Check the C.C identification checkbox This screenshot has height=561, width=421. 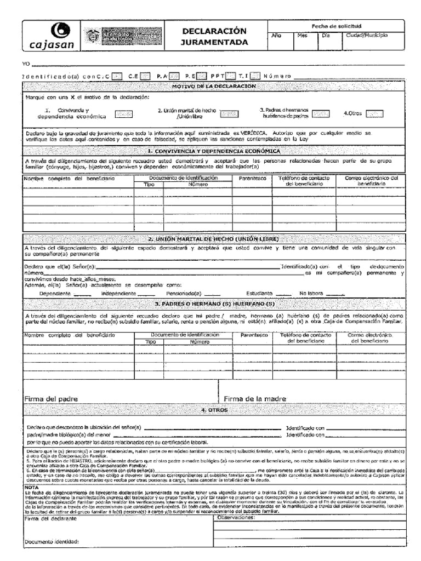click(116, 76)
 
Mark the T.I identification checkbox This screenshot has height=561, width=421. click(255, 76)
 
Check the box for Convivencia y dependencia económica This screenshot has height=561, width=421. click(123, 114)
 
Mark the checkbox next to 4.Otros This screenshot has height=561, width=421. click(374, 114)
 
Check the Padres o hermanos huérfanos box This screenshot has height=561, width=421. click(320, 114)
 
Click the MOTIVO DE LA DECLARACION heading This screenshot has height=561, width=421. click(214, 86)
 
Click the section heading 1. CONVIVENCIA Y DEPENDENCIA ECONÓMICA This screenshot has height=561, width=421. click(214, 151)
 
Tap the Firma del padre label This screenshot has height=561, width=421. click(50, 398)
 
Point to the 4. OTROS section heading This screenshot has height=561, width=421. click(214, 410)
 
